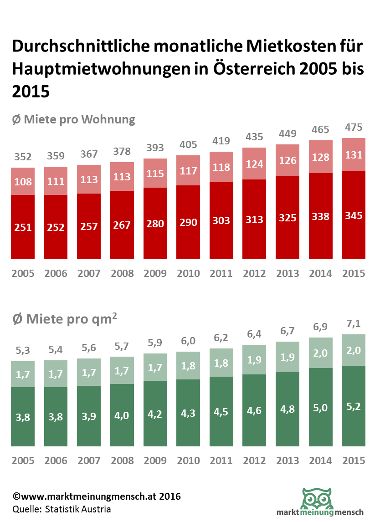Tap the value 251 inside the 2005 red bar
click(x=23, y=227)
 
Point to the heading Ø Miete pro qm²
click(x=64, y=319)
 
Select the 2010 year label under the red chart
click(x=188, y=273)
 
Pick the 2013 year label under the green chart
click(x=288, y=461)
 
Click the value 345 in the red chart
click(x=354, y=215)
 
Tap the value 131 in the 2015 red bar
click(x=354, y=155)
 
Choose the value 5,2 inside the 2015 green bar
click(x=354, y=406)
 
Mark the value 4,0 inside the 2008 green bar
click(x=122, y=416)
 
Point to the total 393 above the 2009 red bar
click(x=155, y=147)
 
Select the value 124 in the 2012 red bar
click(x=254, y=164)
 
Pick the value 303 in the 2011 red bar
click(x=221, y=220)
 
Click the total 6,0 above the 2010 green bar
click(x=188, y=340)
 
